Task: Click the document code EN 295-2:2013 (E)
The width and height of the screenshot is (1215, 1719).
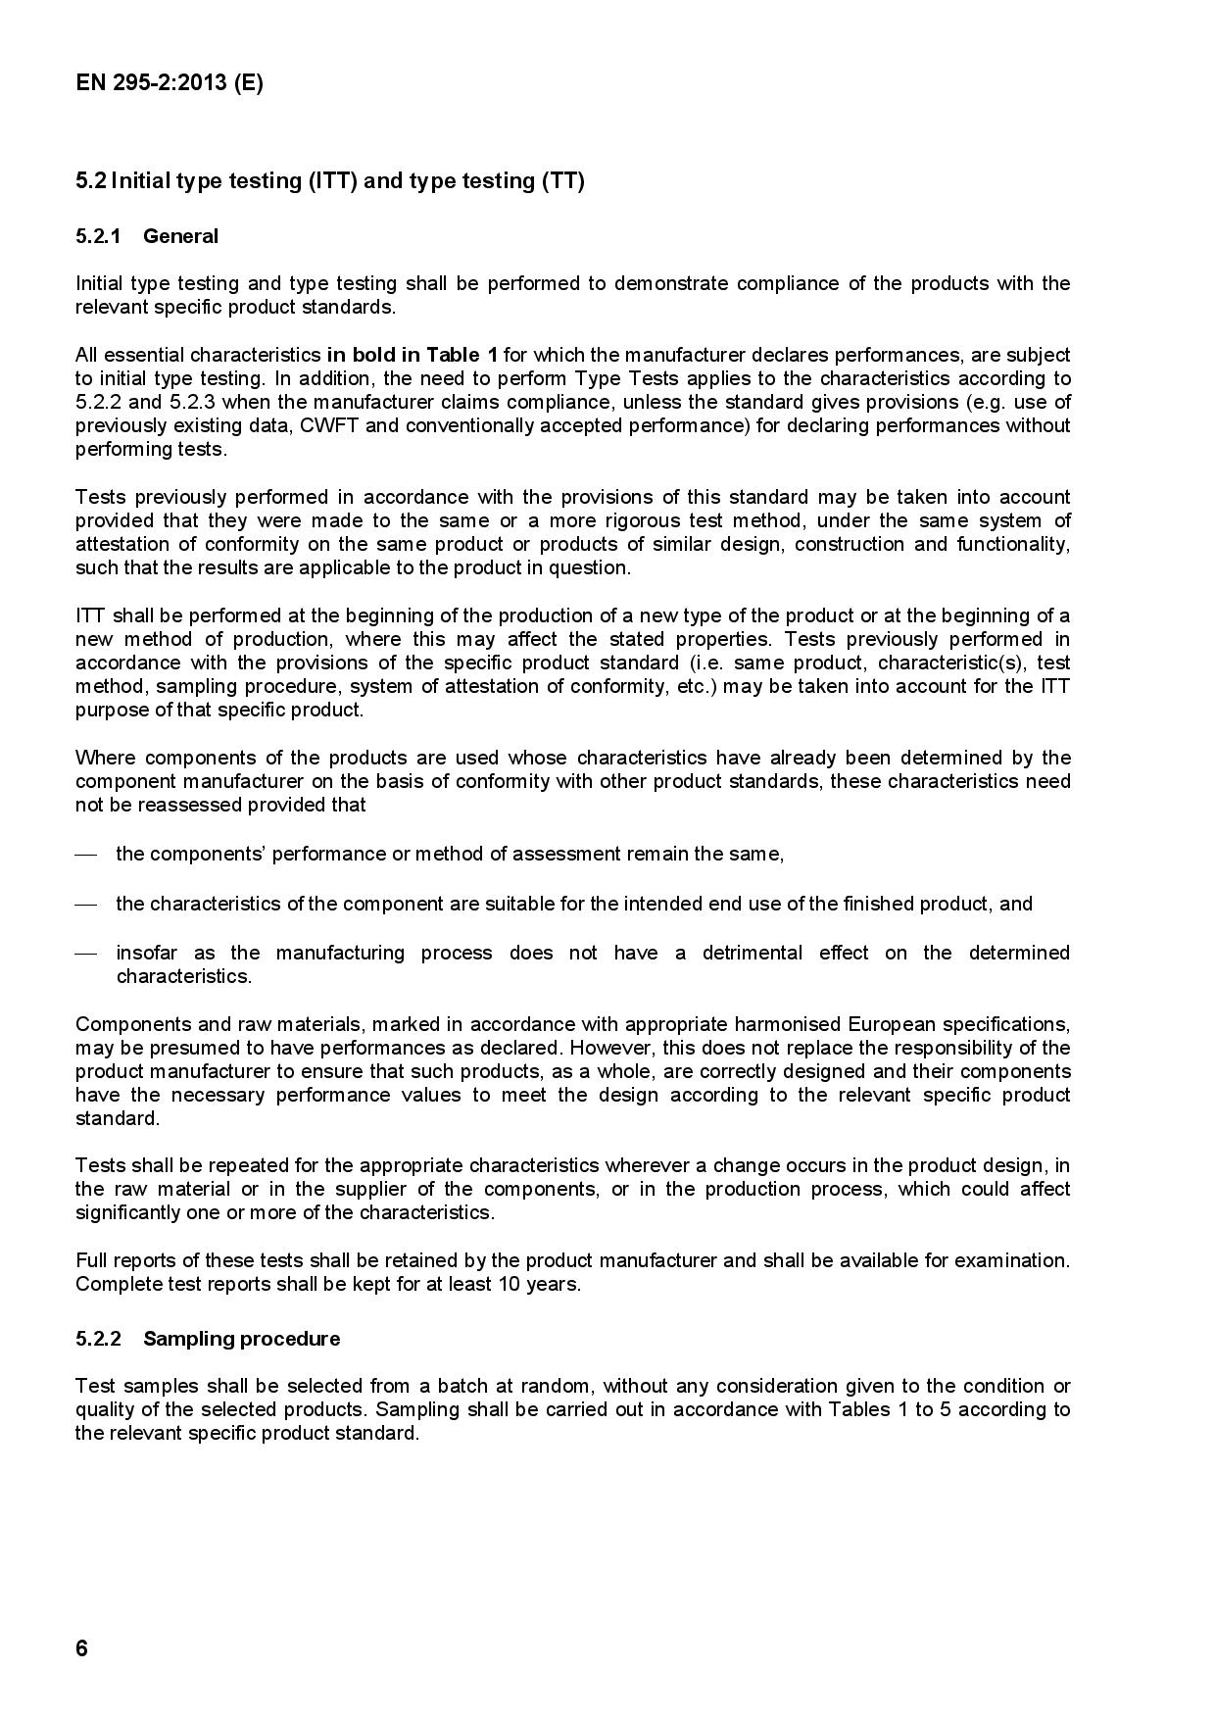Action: (x=169, y=82)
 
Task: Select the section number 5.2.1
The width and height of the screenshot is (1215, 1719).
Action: (x=98, y=236)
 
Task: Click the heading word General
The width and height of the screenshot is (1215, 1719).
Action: (x=180, y=236)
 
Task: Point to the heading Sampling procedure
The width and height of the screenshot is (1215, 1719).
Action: (x=241, y=1339)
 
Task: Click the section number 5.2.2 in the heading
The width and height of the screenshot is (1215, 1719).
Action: (x=98, y=1339)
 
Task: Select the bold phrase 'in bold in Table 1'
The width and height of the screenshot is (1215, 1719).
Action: (x=412, y=355)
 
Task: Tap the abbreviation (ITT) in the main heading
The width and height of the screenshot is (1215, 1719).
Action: (x=332, y=181)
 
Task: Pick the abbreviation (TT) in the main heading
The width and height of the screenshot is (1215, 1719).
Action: (x=562, y=181)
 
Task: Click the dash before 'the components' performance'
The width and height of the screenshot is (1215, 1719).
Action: (x=86, y=855)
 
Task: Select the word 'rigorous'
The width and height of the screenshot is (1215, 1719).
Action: (x=642, y=520)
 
